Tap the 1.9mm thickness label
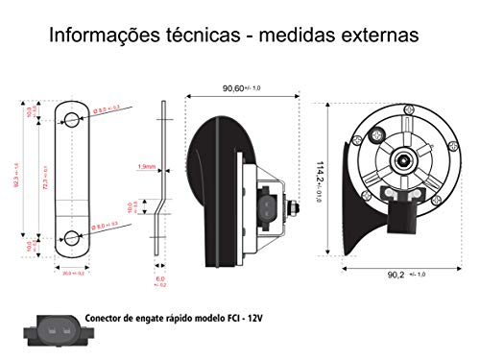[x=147, y=166]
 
